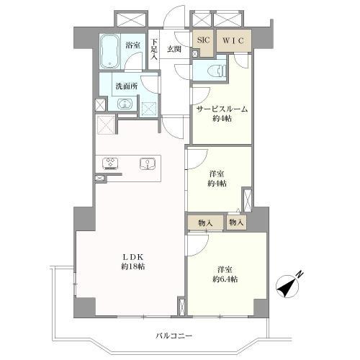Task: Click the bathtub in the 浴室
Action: click(110, 50)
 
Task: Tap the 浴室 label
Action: click(132, 45)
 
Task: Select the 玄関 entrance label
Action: click(174, 49)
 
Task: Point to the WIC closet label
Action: click(232, 41)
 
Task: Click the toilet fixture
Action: click(216, 71)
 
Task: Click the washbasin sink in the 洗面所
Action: click(125, 104)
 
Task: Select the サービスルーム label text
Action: click(222, 109)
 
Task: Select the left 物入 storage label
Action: click(205, 223)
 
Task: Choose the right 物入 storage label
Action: click(237, 223)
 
